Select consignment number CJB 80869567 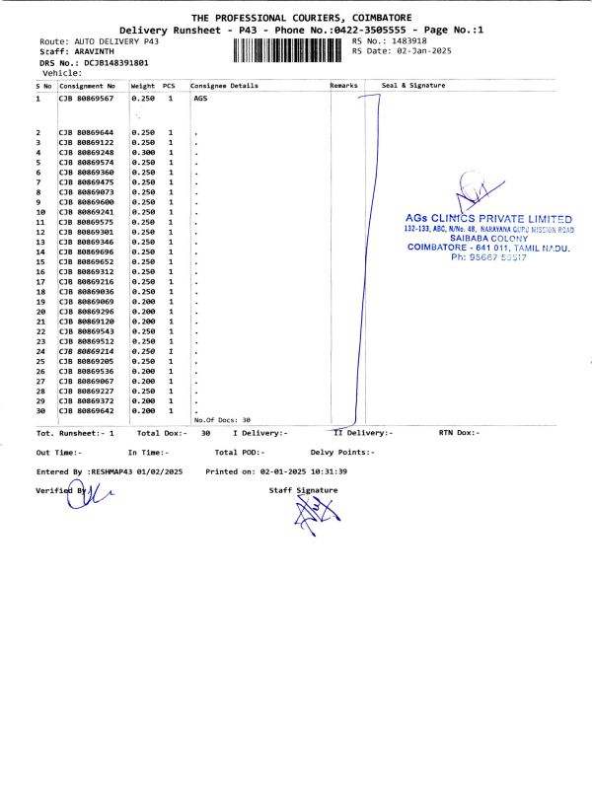(x=87, y=100)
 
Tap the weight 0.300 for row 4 (x=143, y=153)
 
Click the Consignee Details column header (x=225, y=86)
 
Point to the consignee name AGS (x=201, y=100)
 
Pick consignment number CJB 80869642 (x=87, y=411)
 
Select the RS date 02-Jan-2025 (x=425, y=51)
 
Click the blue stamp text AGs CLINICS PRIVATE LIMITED (x=488, y=218)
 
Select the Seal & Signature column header (x=413, y=86)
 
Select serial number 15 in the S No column (x=41, y=261)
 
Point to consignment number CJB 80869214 (x=87, y=351)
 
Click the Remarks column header (x=343, y=86)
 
